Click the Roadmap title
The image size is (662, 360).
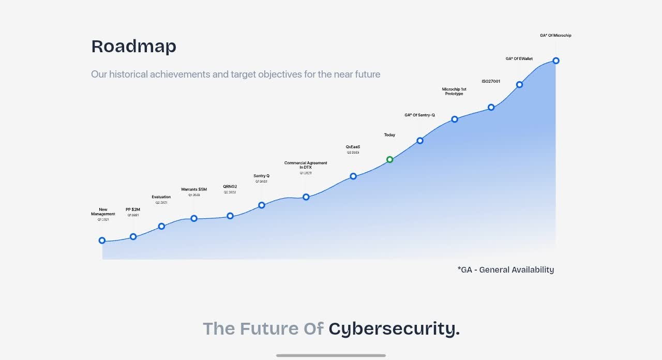click(x=133, y=47)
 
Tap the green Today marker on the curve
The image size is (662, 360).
click(x=390, y=159)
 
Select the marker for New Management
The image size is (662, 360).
click(x=102, y=241)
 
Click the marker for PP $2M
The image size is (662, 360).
click(x=133, y=236)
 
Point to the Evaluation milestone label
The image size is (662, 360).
click(x=161, y=197)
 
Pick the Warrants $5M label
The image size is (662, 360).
click(x=194, y=190)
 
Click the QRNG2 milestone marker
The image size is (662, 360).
click(x=230, y=216)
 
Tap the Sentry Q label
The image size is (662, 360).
click(x=261, y=176)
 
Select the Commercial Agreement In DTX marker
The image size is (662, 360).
click(x=306, y=197)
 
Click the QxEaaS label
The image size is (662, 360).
click(x=353, y=147)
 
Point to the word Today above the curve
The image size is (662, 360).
click(x=389, y=135)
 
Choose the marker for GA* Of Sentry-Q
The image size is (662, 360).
click(x=420, y=140)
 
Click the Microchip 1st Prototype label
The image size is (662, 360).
click(x=454, y=92)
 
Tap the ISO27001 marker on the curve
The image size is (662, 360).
click(x=491, y=108)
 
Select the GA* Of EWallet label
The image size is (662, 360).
click(x=519, y=59)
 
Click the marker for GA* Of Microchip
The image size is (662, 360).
click(x=556, y=61)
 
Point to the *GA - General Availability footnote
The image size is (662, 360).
click(x=505, y=269)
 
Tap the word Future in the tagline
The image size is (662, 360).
click(x=269, y=328)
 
